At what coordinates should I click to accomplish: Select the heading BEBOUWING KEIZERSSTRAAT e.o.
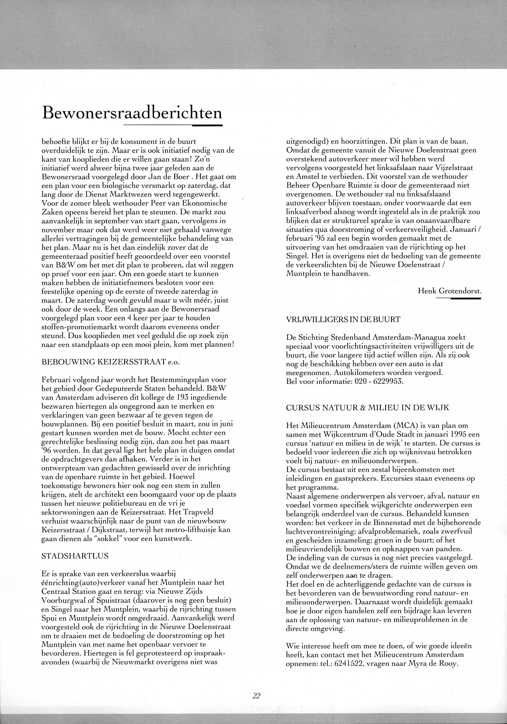point(110,362)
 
